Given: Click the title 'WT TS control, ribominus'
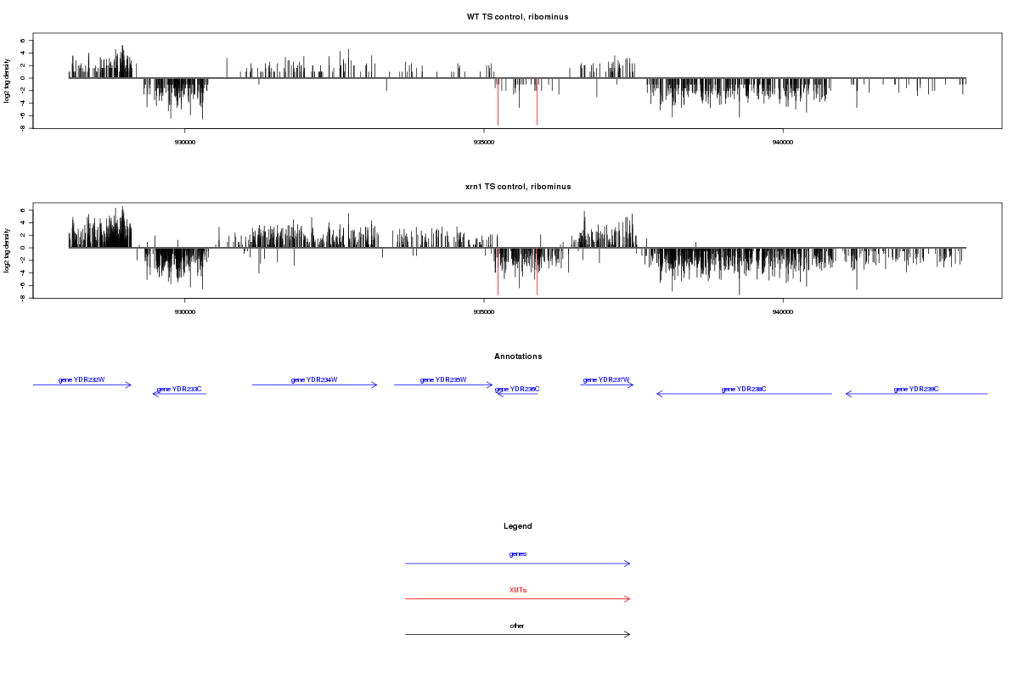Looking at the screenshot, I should [517, 17].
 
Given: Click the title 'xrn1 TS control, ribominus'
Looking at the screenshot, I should [517, 187].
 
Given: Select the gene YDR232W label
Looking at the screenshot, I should [82, 379].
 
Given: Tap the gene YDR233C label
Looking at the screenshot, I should [179, 389].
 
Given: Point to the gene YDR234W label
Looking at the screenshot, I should [314, 379].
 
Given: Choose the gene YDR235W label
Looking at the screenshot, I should [443, 379].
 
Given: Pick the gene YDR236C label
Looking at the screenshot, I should [517, 389].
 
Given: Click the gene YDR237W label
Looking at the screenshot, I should [606, 379].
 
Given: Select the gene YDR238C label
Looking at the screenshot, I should [744, 389].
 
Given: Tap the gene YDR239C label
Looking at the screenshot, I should [916, 389].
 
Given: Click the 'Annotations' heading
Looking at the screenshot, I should [518, 356].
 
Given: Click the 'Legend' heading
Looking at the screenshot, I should [518, 526].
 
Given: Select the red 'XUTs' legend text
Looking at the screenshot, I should [518, 590].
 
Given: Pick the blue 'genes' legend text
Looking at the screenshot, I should [518, 553].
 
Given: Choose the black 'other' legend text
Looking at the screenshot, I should [518, 626].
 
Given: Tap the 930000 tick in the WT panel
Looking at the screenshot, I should [184, 142].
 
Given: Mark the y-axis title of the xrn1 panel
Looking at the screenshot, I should [7, 250].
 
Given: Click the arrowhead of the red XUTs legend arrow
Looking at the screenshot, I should [628, 598].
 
